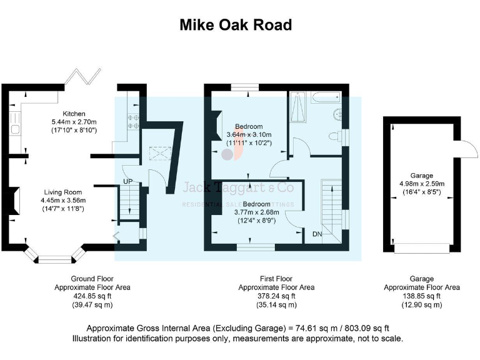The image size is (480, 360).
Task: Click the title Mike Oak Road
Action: pos(236,25)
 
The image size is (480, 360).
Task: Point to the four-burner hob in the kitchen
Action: pos(132,121)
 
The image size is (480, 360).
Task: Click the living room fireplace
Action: pos(11,202)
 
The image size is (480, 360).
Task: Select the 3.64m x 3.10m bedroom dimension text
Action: pos(248,134)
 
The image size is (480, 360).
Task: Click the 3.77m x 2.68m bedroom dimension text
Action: pos(256,212)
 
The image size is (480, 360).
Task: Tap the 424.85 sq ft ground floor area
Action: pos(92,296)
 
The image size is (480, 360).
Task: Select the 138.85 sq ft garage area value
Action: pos(422,296)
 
